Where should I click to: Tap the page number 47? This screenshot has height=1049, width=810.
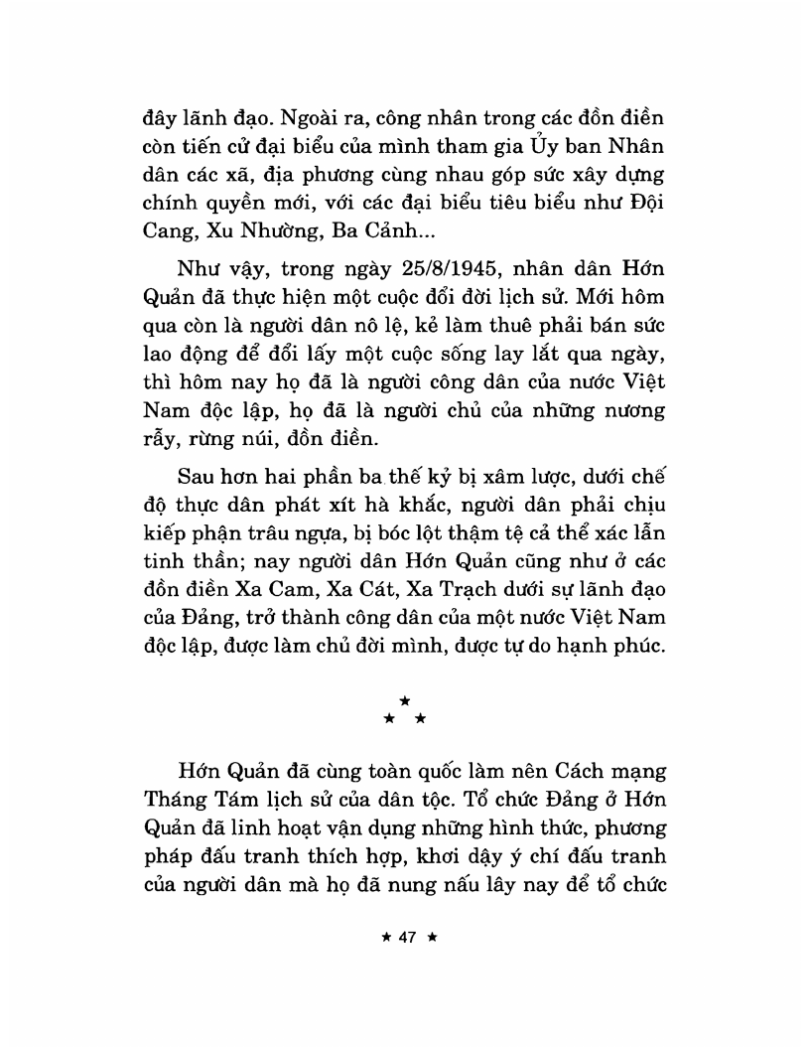pos(405,937)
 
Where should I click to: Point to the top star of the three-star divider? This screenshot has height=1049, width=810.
pos(405,701)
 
